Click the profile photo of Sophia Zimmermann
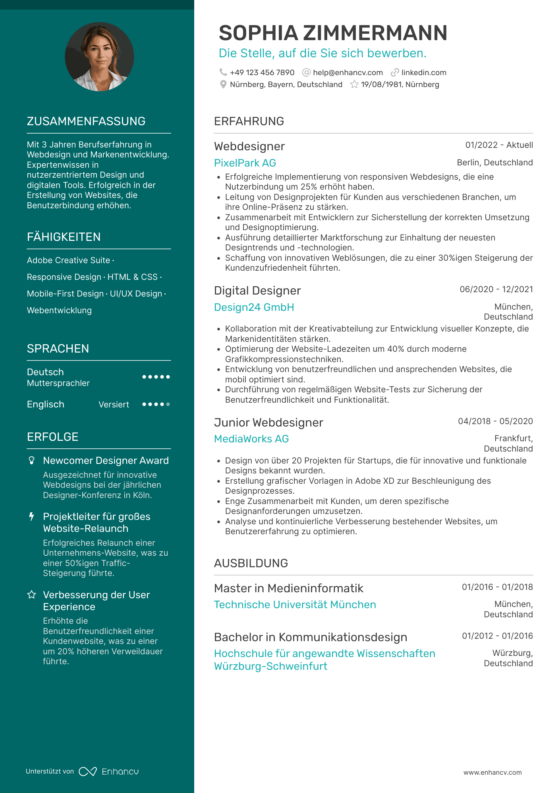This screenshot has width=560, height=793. tap(99, 56)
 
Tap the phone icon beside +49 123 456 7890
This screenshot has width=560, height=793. tap(223, 72)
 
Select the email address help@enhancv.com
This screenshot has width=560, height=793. tap(348, 73)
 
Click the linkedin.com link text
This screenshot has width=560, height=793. tap(423, 73)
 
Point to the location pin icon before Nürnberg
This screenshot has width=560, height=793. tap(223, 85)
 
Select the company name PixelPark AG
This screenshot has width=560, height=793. tap(245, 163)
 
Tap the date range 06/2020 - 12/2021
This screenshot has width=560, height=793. tap(496, 289)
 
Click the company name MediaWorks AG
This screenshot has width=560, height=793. tap(251, 439)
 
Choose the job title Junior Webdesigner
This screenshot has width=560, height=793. tap(268, 423)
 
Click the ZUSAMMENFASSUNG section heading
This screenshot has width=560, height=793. tap(86, 121)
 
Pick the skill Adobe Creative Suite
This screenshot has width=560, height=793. tap(68, 260)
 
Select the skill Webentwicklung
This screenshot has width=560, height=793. tap(59, 310)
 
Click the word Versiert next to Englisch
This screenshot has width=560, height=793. tap(114, 405)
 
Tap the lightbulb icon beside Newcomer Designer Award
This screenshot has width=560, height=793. tap(32, 460)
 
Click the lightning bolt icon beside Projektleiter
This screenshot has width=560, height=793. tap(32, 516)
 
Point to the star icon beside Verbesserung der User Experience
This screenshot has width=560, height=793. tap(32, 595)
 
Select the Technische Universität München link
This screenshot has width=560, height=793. tap(295, 605)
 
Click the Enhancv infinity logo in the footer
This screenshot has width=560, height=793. tap(88, 772)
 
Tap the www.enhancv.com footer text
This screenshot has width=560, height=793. tap(492, 772)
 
